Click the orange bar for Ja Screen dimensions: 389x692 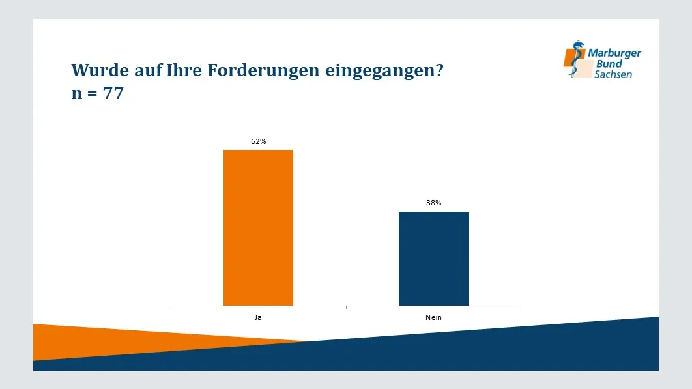click(258, 227)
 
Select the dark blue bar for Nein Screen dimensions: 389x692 click(433, 258)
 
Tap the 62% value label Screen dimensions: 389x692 click(259, 141)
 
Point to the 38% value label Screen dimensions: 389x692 click(434, 203)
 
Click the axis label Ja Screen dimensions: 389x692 click(258, 317)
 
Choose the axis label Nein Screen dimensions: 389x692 click(433, 317)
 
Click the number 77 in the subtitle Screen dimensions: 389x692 click(113, 93)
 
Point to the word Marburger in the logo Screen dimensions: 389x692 click(614, 53)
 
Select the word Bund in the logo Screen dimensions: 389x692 click(609, 64)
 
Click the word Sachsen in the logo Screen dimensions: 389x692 click(613, 74)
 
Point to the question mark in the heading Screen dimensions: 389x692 click(439, 70)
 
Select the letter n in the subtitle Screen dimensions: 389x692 click(76, 94)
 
